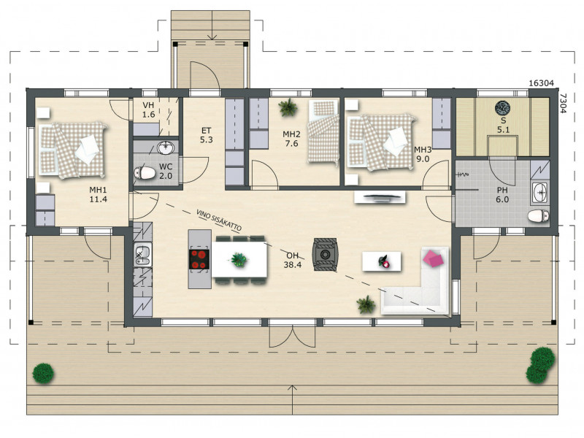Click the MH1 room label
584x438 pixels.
click(x=98, y=194)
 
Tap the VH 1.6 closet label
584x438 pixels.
click(x=148, y=110)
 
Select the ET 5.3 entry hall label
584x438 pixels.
click(x=206, y=135)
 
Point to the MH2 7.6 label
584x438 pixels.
click(x=291, y=139)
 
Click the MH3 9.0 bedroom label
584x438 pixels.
click(x=423, y=154)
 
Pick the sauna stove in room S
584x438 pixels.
click(x=503, y=107)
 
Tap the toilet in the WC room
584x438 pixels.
click(x=145, y=173)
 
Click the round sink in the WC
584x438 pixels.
click(x=166, y=148)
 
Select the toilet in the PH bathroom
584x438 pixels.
click(x=538, y=215)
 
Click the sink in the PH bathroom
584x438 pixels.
click(x=540, y=193)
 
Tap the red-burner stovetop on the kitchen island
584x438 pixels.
click(x=199, y=259)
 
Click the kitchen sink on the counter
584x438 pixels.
click(x=142, y=254)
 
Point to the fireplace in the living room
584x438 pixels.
click(x=325, y=254)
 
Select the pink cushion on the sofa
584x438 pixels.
click(x=433, y=258)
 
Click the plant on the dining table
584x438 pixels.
click(x=239, y=259)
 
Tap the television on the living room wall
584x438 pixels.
click(x=380, y=197)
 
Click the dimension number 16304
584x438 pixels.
click(x=542, y=83)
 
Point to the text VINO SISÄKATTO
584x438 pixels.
click(x=219, y=220)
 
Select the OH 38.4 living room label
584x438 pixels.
click(x=293, y=260)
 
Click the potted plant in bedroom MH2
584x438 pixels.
click(x=288, y=107)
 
